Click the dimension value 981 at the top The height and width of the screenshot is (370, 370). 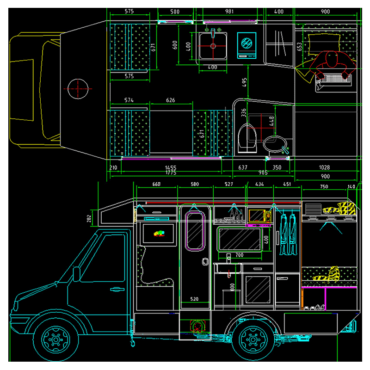[x=229, y=12]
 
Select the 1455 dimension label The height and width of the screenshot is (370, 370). [x=171, y=168]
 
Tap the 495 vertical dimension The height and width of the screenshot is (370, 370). [x=245, y=82]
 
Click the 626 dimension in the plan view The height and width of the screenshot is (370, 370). [x=170, y=100]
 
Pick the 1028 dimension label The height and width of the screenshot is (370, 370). [x=326, y=168]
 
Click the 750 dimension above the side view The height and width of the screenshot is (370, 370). [x=324, y=186]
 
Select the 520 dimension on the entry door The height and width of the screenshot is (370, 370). [x=194, y=299]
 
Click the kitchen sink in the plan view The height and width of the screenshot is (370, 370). [x=213, y=46]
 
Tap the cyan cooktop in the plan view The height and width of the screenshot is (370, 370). [x=247, y=44]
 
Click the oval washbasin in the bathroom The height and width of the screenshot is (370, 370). [x=276, y=144]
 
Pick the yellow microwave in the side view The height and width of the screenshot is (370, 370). [x=257, y=216]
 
